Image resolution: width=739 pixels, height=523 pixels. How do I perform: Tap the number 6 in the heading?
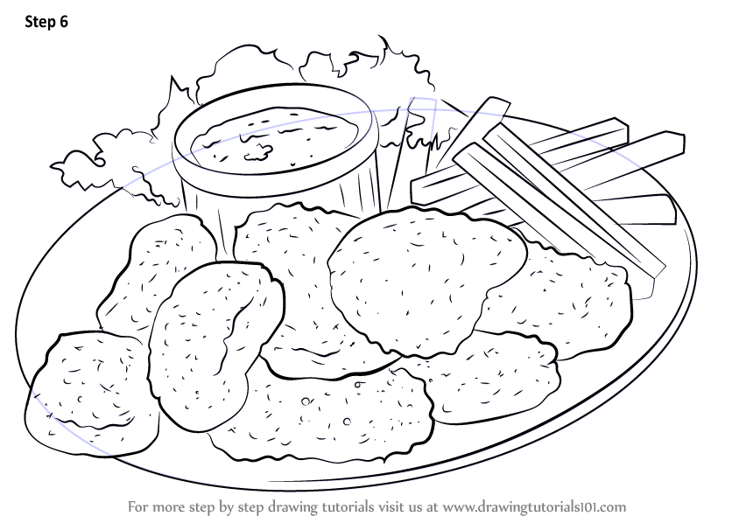click(x=62, y=24)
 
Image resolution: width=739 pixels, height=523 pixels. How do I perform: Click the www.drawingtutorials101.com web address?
click(x=535, y=506)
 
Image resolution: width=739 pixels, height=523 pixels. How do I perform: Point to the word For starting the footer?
click(x=140, y=506)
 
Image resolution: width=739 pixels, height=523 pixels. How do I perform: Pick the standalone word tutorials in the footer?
click(x=344, y=506)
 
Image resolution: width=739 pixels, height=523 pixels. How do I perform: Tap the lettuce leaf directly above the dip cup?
click(x=263, y=74)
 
